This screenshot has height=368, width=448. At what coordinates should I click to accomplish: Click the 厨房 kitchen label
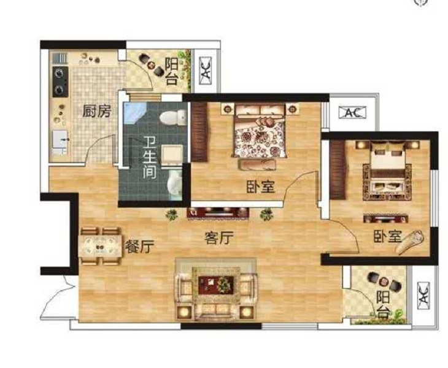click(96, 111)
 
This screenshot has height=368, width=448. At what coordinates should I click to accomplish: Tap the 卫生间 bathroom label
click(149, 157)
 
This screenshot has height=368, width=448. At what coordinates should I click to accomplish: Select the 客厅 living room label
click(219, 238)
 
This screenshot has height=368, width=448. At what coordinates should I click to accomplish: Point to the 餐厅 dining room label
click(140, 246)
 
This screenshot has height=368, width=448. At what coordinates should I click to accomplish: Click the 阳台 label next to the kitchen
click(171, 72)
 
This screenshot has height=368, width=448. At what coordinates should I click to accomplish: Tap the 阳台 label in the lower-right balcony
click(383, 305)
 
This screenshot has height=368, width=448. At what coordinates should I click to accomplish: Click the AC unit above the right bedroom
click(352, 112)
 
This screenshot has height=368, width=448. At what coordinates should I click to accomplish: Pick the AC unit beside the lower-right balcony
click(423, 296)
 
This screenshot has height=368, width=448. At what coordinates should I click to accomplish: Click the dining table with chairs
click(100, 246)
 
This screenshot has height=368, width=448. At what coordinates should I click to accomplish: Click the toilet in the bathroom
click(173, 118)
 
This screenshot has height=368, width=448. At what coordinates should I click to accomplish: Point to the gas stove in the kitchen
click(60, 82)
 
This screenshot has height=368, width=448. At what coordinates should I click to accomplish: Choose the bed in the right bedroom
click(387, 171)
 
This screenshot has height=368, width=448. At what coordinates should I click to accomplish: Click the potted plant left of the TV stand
click(171, 214)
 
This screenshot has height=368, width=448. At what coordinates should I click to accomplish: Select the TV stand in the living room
click(218, 213)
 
